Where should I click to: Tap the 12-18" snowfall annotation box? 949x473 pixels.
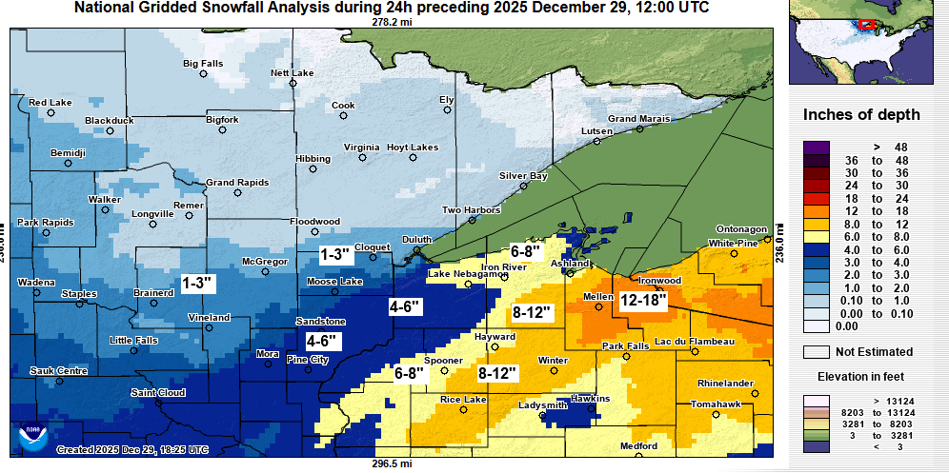pyautogui.click(x=643, y=299)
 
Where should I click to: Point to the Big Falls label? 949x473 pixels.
pyautogui.click(x=203, y=64)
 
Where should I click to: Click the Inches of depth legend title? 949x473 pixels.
pyautogui.click(x=861, y=115)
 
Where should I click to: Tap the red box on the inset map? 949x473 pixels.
pyautogui.click(x=867, y=24)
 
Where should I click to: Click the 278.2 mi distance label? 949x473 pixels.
pyautogui.click(x=391, y=21)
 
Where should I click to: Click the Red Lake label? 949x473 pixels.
pyautogui.click(x=50, y=103)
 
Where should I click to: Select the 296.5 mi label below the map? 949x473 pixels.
pyautogui.click(x=393, y=464)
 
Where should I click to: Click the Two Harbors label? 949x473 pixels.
pyautogui.click(x=465, y=210)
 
